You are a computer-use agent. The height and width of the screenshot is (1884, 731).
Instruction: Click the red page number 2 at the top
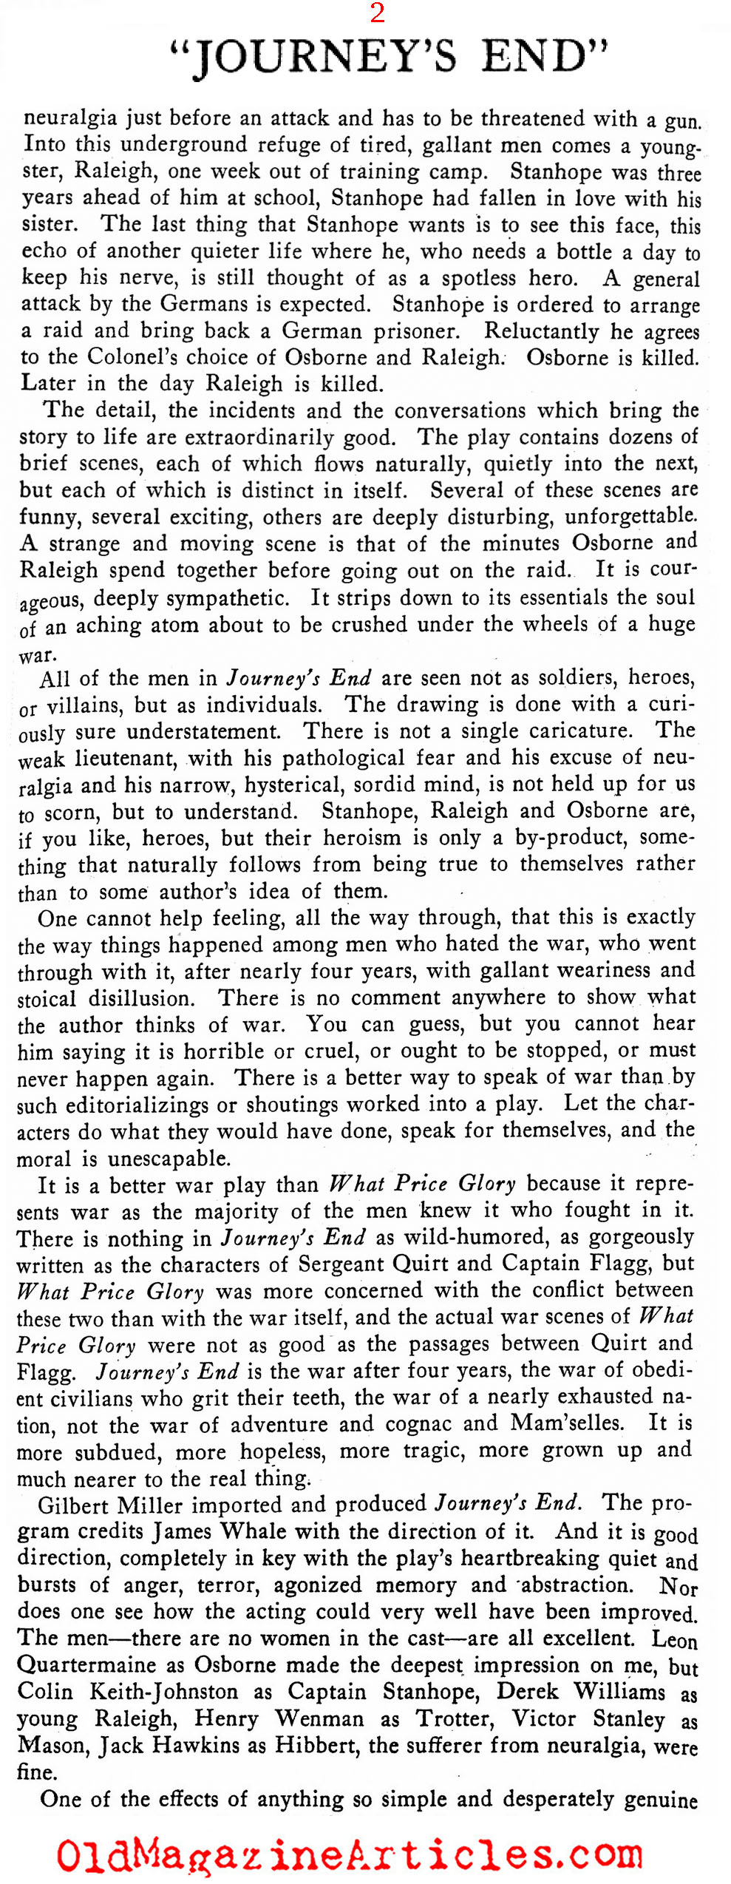click(x=377, y=13)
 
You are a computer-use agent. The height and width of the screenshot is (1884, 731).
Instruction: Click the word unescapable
click(x=169, y=1158)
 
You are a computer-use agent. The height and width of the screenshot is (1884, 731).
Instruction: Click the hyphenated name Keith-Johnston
click(x=182, y=1692)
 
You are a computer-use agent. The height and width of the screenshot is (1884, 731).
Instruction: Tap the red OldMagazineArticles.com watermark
click(x=350, y=1854)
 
